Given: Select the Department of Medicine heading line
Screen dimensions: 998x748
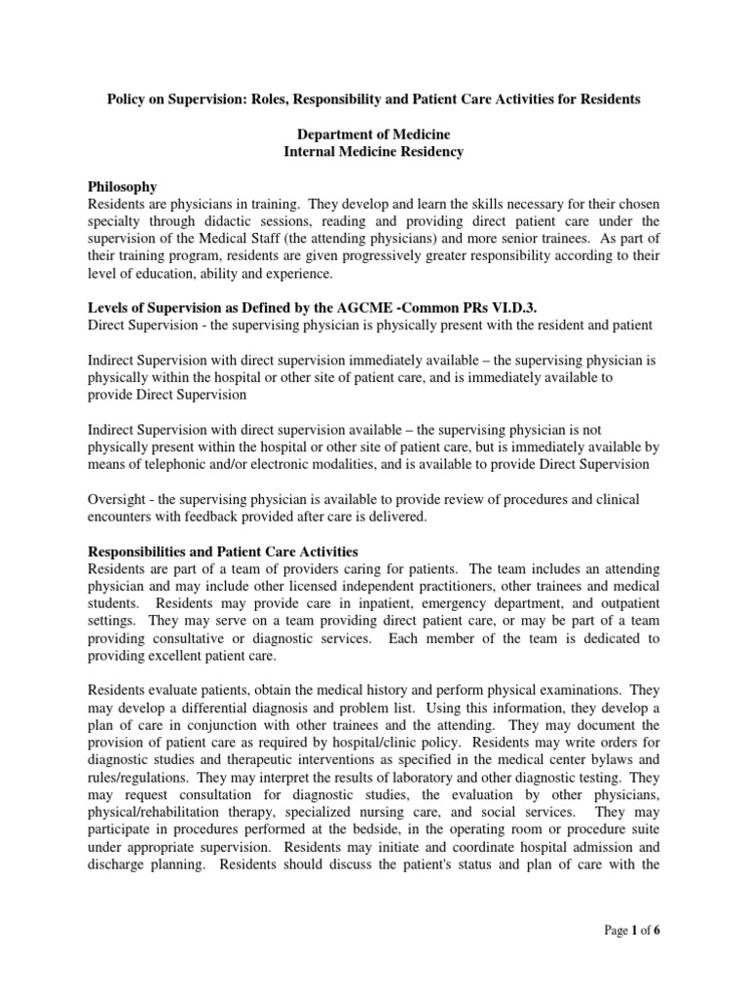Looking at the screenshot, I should [x=373, y=134].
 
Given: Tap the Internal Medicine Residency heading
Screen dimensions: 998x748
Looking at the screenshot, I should [x=373, y=151].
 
